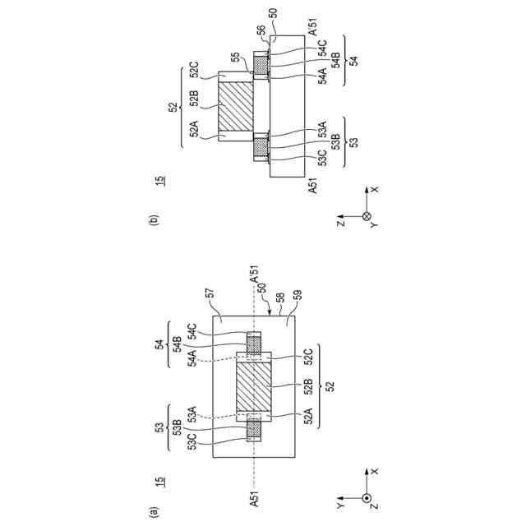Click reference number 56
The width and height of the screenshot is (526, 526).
261,30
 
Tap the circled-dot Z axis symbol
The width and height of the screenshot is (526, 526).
367,498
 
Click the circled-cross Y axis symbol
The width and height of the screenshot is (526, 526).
367,216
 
